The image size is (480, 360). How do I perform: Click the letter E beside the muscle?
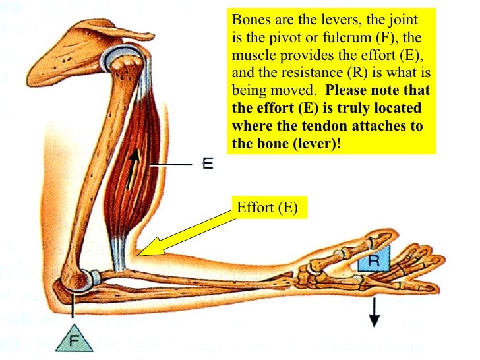pyautogui.click(x=207, y=164)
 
